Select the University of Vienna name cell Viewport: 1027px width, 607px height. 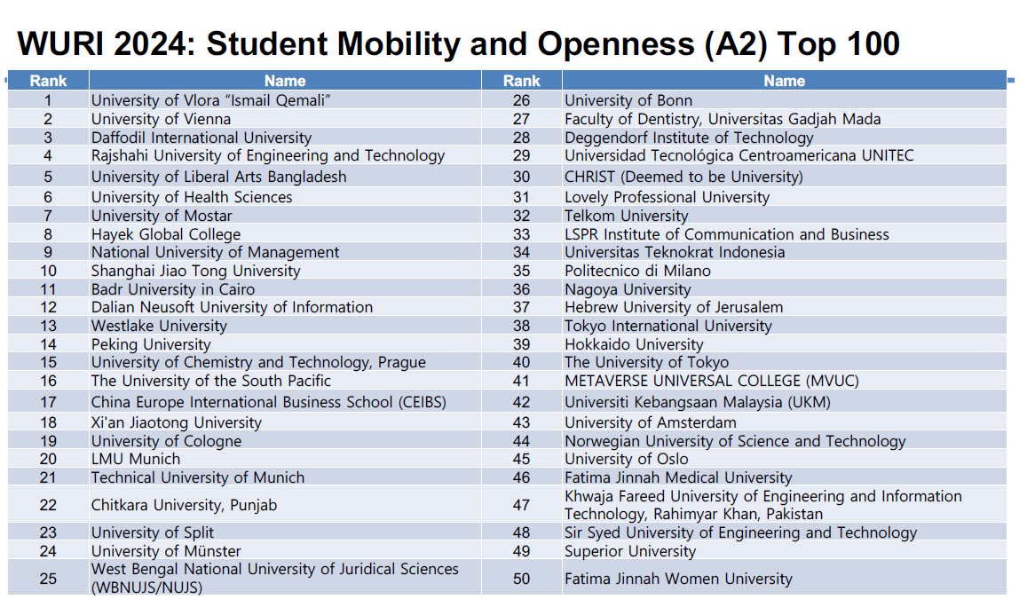(x=161, y=119)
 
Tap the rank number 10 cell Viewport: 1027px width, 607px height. (x=48, y=271)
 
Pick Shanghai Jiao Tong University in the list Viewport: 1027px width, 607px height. (x=195, y=271)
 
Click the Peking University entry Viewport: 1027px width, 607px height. (x=151, y=344)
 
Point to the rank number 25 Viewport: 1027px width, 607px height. (x=48, y=579)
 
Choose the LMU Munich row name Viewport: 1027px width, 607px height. (x=136, y=459)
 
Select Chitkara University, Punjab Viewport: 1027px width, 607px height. (x=184, y=505)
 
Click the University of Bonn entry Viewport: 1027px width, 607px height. (x=628, y=100)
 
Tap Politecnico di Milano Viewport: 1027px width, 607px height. (x=637, y=271)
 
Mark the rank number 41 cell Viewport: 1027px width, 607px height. (x=521, y=381)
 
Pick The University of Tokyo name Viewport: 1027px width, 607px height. (x=646, y=362)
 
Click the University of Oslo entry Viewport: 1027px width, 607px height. (x=626, y=459)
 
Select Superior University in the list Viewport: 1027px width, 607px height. (x=630, y=551)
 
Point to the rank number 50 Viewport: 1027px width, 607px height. (x=521, y=579)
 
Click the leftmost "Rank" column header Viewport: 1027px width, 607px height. (x=48, y=81)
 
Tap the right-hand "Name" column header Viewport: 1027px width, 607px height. (x=784, y=81)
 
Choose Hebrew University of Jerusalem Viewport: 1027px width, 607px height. (x=674, y=307)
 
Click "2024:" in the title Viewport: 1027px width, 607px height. (x=149, y=43)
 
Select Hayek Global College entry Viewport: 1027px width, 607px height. (x=165, y=234)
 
